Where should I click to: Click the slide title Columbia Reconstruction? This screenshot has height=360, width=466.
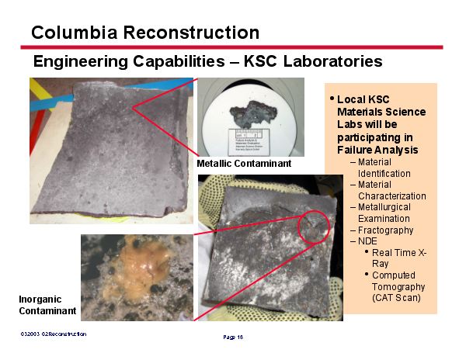click(x=145, y=33)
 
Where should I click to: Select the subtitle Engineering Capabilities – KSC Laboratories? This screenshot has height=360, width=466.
click(x=207, y=61)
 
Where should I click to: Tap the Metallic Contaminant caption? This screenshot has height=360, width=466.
click(x=244, y=164)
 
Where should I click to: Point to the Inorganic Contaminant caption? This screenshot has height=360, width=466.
click(x=47, y=305)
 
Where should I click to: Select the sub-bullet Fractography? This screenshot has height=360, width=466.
click(x=385, y=230)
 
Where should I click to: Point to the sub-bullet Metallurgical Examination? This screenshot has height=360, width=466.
click(x=384, y=213)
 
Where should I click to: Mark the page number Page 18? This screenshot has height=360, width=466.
click(x=233, y=337)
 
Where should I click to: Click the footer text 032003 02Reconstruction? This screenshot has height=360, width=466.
click(x=54, y=334)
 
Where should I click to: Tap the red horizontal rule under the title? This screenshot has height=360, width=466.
click(x=233, y=47)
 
